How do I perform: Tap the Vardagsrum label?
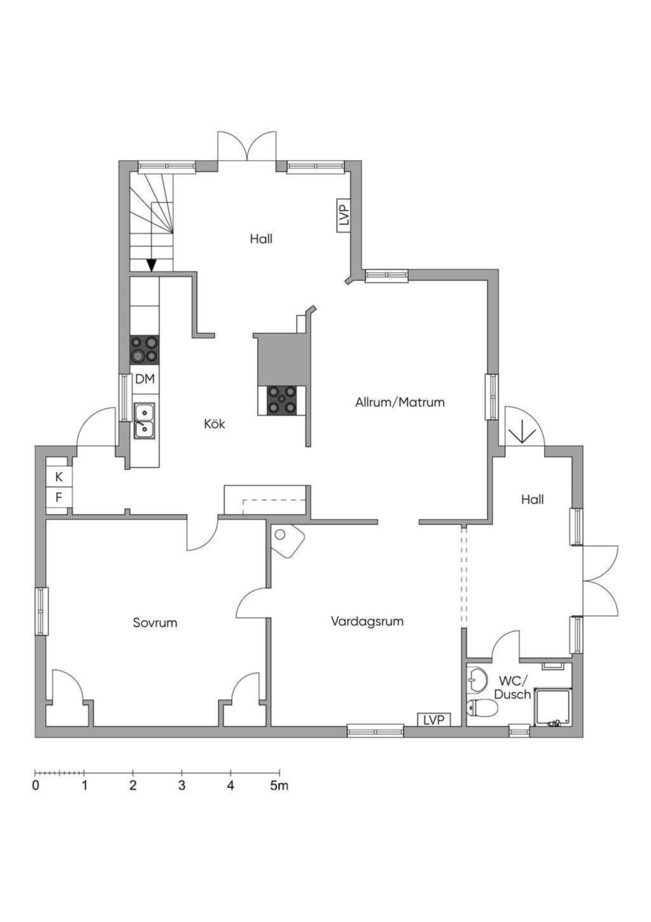(367, 621)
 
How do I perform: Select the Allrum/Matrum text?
(400, 402)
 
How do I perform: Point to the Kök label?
(215, 424)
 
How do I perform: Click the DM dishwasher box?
(145, 379)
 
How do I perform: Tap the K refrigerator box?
(59, 477)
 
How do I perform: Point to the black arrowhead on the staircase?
(151, 265)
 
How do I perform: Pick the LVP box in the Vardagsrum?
(434, 720)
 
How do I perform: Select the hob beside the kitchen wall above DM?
(145, 350)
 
